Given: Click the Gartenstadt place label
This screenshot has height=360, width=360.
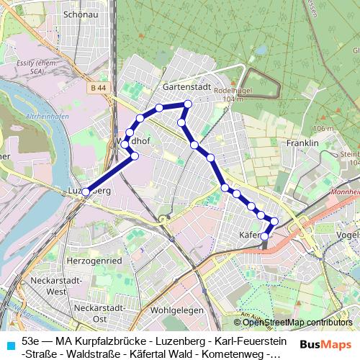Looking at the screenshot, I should (186, 86).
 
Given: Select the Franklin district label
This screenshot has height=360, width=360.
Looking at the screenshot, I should (302, 143).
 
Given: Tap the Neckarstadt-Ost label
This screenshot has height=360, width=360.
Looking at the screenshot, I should (101, 313).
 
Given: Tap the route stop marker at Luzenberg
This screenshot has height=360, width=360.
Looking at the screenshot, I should (86, 192).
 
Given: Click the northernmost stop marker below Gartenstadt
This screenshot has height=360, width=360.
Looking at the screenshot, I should (187, 104).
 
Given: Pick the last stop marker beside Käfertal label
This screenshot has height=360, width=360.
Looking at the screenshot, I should (264, 235).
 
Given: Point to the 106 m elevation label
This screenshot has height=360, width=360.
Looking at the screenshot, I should (323, 128).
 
